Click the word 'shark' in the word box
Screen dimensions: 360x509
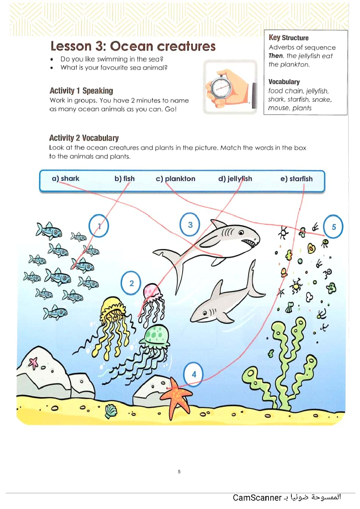click(x=70, y=178)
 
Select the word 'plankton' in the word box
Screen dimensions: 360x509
click(x=180, y=179)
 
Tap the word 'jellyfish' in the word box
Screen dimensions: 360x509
click(x=240, y=179)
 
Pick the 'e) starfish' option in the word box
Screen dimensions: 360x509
click(x=296, y=179)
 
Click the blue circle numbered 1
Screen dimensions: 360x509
click(x=99, y=226)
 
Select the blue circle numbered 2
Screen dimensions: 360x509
click(x=131, y=283)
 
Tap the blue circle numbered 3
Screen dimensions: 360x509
click(x=190, y=225)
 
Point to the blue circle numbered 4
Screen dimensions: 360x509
click(x=194, y=374)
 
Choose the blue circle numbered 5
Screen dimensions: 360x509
click(x=334, y=226)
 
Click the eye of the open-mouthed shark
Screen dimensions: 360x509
click(x=241, y=233)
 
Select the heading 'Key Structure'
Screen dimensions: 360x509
click(x=289, y=38)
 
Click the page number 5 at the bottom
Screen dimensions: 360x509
click(x=179, y=472)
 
